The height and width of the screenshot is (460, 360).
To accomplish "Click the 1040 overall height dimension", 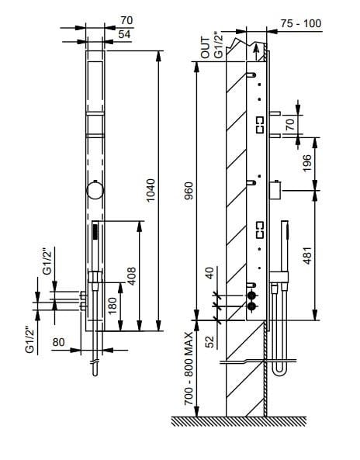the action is [151, 190].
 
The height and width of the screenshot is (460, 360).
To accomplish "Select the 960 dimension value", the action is [189, 191].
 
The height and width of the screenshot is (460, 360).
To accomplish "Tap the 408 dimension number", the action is [132, 276].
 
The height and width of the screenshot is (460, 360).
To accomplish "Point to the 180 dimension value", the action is [112, 306].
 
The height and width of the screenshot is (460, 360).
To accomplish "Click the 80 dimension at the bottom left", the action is [59, 342].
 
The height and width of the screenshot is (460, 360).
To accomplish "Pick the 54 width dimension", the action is [124, 34].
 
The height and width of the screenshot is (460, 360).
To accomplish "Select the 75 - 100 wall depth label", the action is [301, 23].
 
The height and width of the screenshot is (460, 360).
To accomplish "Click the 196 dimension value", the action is [307, 163].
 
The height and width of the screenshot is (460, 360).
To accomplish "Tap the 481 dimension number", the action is [307, 255].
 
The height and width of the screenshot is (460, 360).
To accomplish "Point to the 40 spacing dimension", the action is [210, 273].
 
